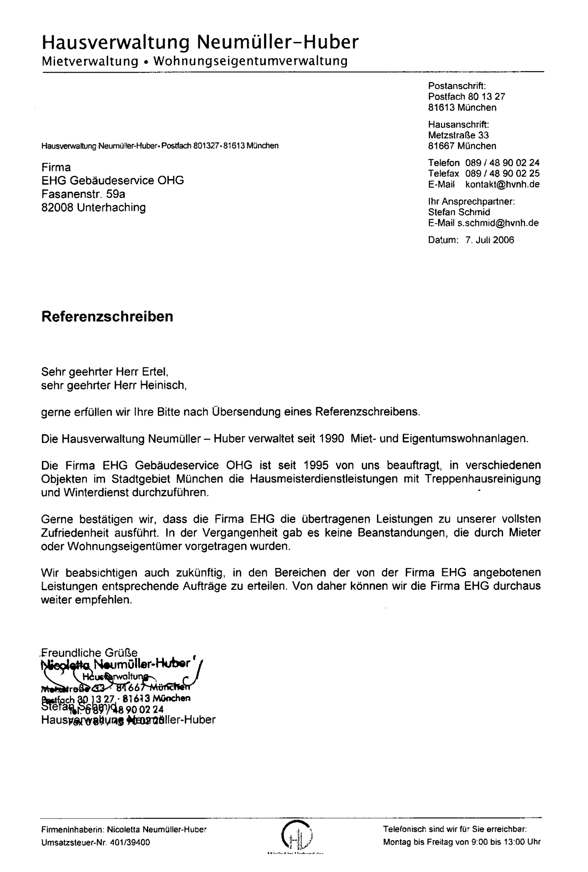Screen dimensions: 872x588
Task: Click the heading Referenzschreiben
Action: point(107,317)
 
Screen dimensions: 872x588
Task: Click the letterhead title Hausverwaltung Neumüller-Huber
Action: point(201,42)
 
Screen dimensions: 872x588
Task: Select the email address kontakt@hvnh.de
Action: point(502,184)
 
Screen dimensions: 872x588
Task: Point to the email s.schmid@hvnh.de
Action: point(498,223)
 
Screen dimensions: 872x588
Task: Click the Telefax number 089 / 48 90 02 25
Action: point(502,174)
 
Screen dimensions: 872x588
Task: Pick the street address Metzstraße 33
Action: point(458,135)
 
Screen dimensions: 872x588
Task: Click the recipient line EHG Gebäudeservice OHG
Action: point(112,180)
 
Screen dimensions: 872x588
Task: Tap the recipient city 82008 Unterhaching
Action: point(93,207)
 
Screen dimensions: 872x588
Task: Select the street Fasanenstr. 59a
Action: point(83,194)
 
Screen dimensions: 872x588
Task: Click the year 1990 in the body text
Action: point(333,439)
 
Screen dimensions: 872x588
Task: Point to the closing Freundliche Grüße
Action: point(89,653)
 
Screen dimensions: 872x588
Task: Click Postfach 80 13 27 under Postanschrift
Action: point(466,96)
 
